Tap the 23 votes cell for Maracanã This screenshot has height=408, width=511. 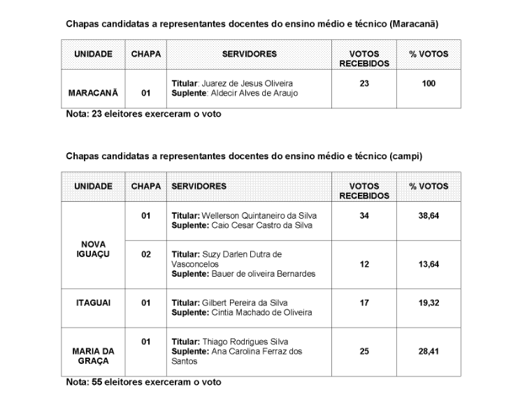(364, 84)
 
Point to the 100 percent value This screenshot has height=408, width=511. (429, 84)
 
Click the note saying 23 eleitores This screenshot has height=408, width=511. (143, 114)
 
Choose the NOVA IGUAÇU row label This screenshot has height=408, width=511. (93, 249)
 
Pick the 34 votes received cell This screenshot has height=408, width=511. (364, 216)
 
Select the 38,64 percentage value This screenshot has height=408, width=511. (429, 216)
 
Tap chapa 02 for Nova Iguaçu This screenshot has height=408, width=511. (146, 255)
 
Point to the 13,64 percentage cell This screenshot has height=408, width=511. (429, 264)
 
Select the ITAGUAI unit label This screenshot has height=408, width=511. (93, 303)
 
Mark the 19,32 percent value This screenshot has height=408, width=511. (429, 303)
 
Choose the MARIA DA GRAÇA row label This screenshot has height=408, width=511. (93, 356)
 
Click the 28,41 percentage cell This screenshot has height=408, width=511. (429, 351)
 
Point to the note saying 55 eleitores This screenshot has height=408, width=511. (143, 382)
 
